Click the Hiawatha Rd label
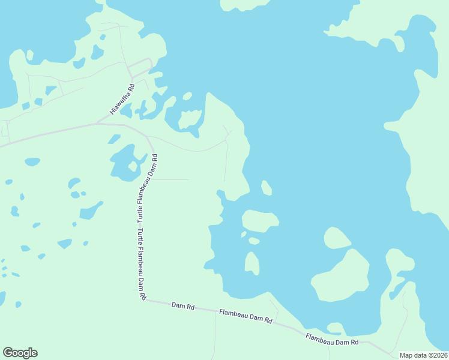[122, 99]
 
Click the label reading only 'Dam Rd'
[183, 307]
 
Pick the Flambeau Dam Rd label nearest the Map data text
[332, 339]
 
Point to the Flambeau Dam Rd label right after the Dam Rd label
[246, 317]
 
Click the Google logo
[20, 353]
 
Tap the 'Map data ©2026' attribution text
[423, 355]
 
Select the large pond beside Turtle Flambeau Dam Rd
[123, 163]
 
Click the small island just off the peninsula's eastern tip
[267, 188]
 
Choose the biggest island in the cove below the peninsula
[261, 220]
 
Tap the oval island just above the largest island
[337, 238]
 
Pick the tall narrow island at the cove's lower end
[252, 263]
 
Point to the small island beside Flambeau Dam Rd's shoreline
[335, 328]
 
